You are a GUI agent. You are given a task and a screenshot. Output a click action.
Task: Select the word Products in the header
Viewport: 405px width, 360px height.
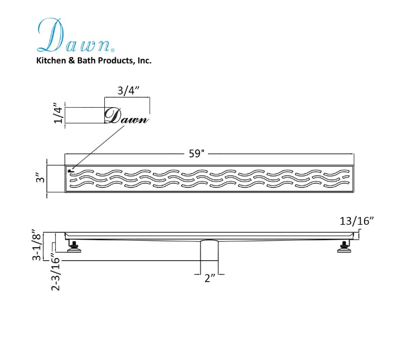point(116,60)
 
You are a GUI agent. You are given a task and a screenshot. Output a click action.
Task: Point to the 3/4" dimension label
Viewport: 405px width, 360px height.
point(127,90)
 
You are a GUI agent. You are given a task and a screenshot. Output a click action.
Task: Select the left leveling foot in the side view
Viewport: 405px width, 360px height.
point(74,246)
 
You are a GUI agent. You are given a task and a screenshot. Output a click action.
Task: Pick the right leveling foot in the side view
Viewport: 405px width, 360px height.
point(345,246)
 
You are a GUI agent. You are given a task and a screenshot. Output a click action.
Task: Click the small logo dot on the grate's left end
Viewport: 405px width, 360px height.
point(70,170)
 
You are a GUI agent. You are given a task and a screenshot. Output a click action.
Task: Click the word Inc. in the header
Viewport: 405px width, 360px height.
point(144,60)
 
